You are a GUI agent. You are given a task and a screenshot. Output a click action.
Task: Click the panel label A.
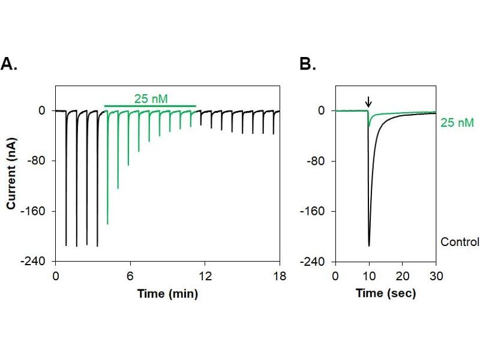pyautogui.click(x=9, y=65)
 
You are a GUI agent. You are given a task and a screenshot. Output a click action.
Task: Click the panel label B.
pyautogui.click(x=307, y=65)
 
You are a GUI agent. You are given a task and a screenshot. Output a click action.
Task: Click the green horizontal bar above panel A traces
pyautogui.click(x=150, y=106)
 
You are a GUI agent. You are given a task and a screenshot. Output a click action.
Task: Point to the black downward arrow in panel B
pyautogui.click(x=368, y=102)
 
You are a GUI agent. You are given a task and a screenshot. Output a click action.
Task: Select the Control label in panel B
pyautogui.click(x=460, y=242)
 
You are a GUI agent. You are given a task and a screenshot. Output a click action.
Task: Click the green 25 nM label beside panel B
pyautogui.click(x=457, y=122)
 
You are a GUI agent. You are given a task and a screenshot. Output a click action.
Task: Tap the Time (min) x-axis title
pyautogui.click(x=167, y=294)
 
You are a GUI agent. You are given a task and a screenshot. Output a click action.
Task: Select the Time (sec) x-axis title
pyautogui.click(x=385, y=294)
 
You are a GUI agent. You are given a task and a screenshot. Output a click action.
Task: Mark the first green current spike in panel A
pyautogui.click(x=107, y=223)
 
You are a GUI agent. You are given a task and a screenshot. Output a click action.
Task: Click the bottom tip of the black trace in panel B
pyautogui.click(x=369, y=245)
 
